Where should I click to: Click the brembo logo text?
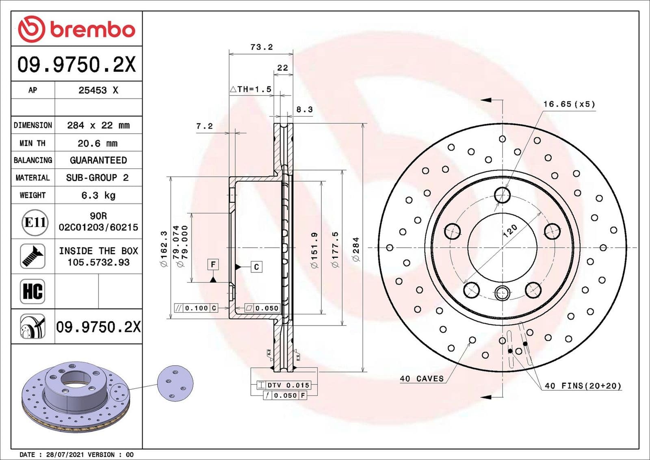[92, 30]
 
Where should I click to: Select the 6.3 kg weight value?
[98, 195]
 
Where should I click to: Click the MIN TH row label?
[32, 143]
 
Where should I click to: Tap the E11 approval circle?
[35, 222]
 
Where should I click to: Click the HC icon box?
[32, 291]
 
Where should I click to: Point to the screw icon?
[32, 256]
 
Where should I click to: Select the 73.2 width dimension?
[261, 47]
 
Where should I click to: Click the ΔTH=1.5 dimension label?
[251, 89]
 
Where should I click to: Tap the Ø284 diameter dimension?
[356, 249]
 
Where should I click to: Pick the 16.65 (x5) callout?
[569, 104]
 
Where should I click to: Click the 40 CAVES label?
[422, 379]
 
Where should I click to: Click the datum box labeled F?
[213, 265]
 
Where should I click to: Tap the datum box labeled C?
[256, 267]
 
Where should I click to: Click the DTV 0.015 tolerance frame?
[284, 385]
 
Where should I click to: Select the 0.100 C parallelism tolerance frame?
[196, 308]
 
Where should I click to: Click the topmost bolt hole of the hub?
[503, 195]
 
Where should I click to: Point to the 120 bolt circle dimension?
[510, 230]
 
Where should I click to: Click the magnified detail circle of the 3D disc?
[175, 383]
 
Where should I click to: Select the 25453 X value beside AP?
[98, 90]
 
